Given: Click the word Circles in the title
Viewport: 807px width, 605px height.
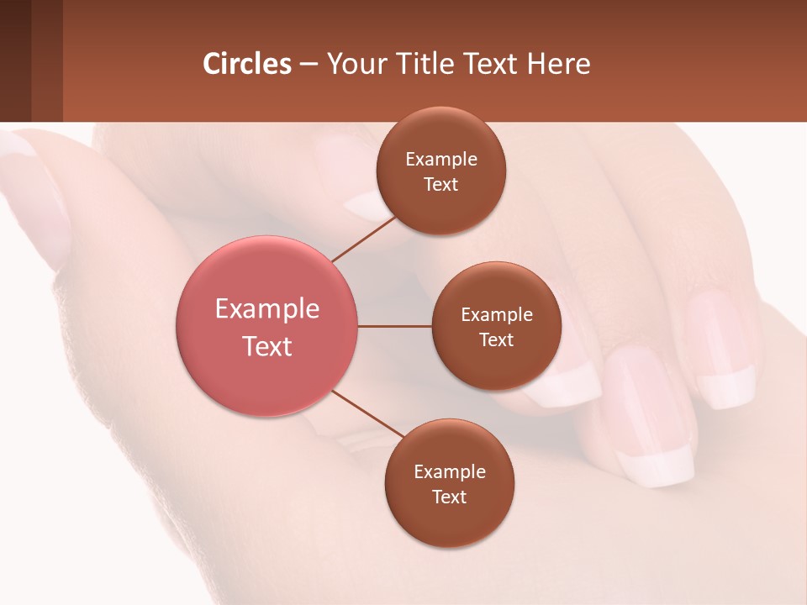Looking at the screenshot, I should (246, 64).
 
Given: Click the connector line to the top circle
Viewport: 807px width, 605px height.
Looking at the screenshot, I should (363, 239).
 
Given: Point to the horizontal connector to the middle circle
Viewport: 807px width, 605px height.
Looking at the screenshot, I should (395, 326).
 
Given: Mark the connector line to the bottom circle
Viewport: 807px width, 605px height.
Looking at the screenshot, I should (368, 413).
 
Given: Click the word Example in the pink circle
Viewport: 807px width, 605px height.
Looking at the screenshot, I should (267, 309).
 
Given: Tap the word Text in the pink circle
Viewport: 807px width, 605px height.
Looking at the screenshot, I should (267, 346).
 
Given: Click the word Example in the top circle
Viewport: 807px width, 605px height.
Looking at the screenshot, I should (441, 159).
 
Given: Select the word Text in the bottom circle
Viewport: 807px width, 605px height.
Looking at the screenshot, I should (449, 497).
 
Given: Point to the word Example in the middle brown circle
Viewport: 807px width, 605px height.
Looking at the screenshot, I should (497, 314).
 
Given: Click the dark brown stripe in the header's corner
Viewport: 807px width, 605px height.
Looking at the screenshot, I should (15, 60).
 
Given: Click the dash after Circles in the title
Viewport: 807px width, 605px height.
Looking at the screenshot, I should (309, 64).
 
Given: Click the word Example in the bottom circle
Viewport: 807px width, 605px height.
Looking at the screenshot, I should (450, 471).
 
